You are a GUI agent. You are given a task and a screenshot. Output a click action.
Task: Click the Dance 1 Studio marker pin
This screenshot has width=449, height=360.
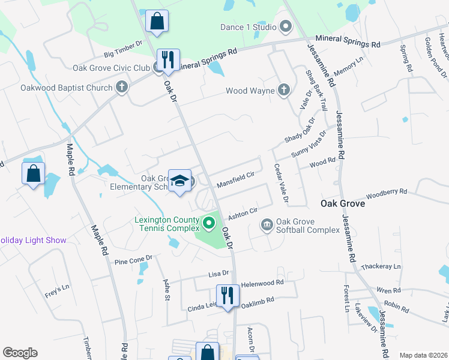[285, 26]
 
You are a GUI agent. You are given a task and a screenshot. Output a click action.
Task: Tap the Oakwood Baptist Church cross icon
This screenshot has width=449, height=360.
[122, 88]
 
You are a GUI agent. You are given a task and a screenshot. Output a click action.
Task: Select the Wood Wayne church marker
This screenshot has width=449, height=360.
[284, 91]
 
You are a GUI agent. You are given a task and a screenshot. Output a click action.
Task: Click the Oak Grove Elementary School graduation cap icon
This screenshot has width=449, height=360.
[179, 181]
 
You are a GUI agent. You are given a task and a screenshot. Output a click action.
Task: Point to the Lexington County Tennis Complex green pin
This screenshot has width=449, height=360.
[209, 224]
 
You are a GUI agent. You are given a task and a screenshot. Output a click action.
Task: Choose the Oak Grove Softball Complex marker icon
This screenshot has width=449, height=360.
[267, 226]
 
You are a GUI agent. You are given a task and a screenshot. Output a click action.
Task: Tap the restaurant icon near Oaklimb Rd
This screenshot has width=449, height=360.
[226, 296]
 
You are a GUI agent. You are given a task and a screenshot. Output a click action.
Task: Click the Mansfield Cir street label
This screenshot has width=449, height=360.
[236, 178]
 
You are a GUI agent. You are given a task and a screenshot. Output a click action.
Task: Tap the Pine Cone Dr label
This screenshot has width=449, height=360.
[133, 260]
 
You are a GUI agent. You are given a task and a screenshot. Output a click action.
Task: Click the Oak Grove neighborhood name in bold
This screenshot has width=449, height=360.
[343, 203]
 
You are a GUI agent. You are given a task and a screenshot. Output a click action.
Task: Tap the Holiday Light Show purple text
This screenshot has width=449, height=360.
[33, 240]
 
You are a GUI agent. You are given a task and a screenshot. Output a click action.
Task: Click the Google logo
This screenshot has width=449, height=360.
[20, 353]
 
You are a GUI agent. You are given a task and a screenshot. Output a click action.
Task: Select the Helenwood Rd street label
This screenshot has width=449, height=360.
[262, 283]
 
